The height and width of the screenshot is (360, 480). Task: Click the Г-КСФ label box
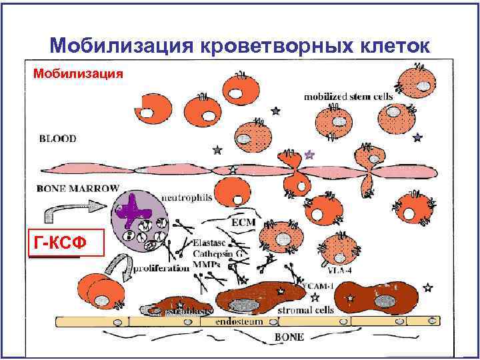pyautogui.click(x=67, y=244)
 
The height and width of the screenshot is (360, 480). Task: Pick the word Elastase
pyautogui.click(x=211, y=243)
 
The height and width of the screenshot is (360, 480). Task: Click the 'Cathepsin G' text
pyautogui.click(x=217, y=254)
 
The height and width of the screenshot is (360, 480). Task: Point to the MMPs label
pyautogui.click(x=206, y=265)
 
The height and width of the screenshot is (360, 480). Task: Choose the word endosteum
pyautogui.click(x=238, y=321)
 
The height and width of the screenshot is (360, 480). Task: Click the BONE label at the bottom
pyautogui.click(x=291, y=337)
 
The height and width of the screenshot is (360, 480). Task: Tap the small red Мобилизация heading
pyautogui.click(x=74, y=72)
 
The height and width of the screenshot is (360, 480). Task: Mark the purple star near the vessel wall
pyautogui.click(x=309, y=155)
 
